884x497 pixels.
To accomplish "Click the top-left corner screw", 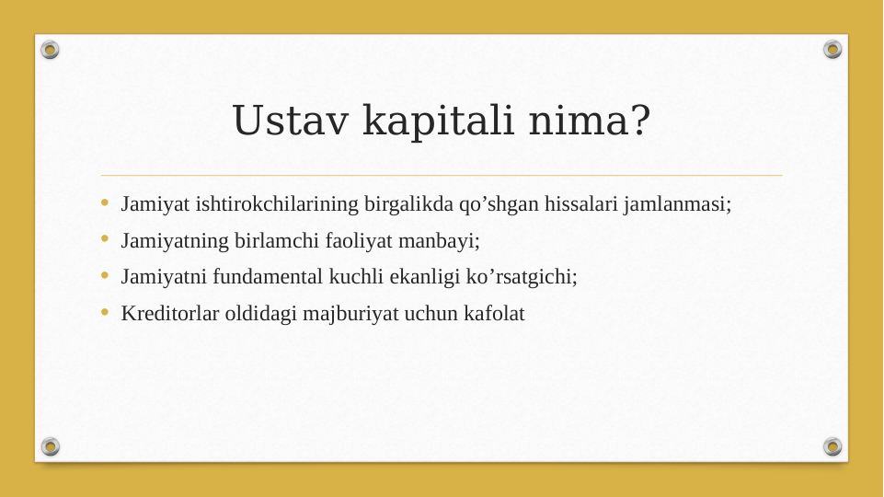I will [x=51, y=50].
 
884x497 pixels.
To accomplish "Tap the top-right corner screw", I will [x=832, y=50].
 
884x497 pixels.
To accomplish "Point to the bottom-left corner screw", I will [x=51, y=446].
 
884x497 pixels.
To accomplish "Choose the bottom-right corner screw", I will [x=832, y=446].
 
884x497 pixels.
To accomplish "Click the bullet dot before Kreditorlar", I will [x=105, y=313].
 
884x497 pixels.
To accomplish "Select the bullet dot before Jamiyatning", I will [x=105, y=240].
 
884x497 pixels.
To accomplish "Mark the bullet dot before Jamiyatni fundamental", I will [x=105, y=276].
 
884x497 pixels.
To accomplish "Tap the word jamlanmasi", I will [x=677, y=203].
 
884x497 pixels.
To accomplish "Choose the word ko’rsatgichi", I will [x=524, y=276].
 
